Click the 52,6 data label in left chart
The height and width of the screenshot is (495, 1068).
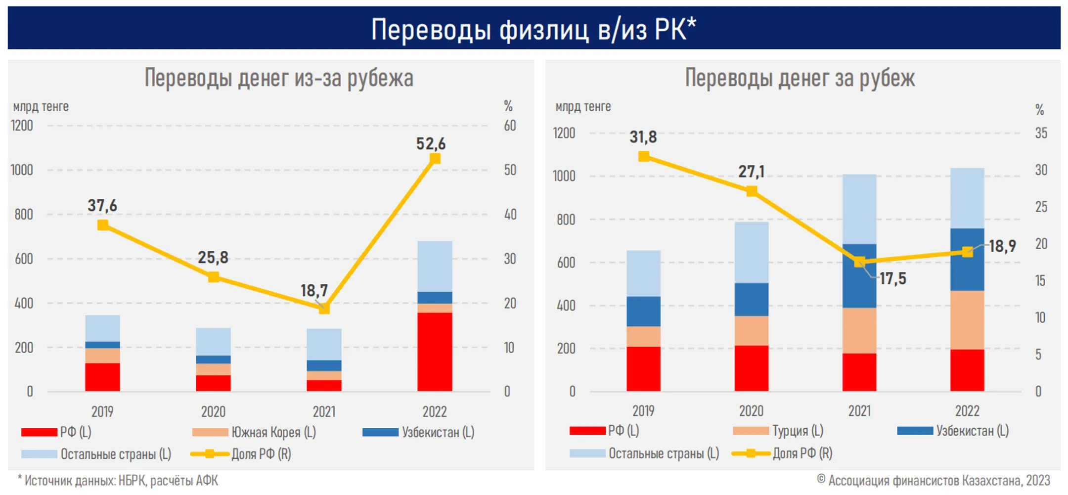click(x=431, y=144)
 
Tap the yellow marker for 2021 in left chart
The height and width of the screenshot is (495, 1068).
click(x=324, y=308)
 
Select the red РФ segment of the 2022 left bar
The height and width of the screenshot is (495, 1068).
click(x=435, y=352)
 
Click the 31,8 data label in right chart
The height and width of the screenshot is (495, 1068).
click(x=643, y=137)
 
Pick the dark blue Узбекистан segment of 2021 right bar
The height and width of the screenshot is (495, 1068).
click(x=859, y=275)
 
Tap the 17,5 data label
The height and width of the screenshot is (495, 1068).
click(x=892, y=279)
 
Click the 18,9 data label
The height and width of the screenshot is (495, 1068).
click(x=1002, y=246)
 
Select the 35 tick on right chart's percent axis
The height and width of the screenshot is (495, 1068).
click(x=1041, y=133)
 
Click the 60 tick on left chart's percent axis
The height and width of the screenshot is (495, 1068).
click(x=510, y=126)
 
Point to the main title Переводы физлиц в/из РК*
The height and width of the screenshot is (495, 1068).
click(x=534, y=29)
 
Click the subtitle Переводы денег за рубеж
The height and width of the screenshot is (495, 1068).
click(x=800, y=78)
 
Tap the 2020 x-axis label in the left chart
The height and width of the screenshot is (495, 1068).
click(x=213, y=411)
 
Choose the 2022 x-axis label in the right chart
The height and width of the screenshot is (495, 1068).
click(x=967, y=411)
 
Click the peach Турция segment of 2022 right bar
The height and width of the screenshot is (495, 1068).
click(x=967, y=320)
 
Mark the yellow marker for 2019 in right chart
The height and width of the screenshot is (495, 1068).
click(x=643, y=157)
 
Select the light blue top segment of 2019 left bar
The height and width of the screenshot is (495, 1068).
click(x=102, y=328)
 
